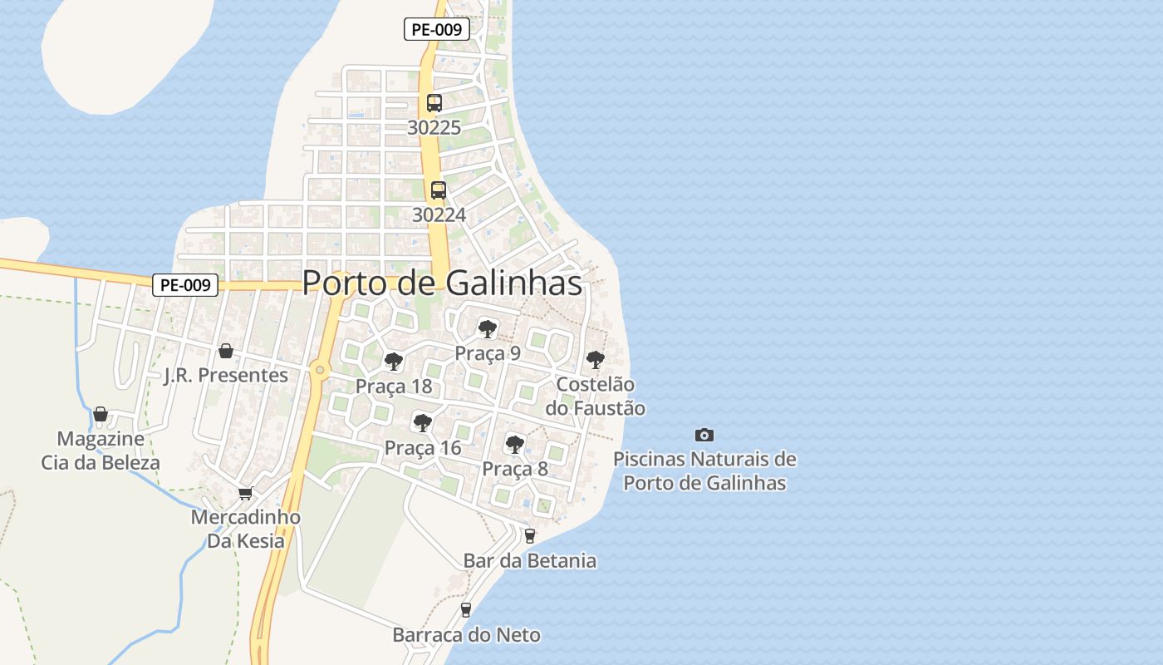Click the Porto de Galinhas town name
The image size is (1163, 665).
tap(441, 283)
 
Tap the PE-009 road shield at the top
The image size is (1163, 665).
tap(437, 29)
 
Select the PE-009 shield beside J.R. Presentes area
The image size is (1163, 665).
tap(185, 285)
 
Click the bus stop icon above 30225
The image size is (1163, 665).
tap(434, 103)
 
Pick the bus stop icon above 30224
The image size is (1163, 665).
tap(438, 190)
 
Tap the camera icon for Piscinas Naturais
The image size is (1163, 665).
tap(704, 435)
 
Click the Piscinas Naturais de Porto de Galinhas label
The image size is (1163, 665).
tap(704, 470)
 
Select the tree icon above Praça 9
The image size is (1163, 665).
tap(488, 328)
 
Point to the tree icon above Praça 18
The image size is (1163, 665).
tap(393, 362)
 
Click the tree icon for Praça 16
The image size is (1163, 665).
tap(423, 423)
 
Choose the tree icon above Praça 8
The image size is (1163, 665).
tap(515, 444)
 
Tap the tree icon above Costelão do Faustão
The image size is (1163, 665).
tap(595, 360)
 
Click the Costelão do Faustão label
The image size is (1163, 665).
tap(595, 396)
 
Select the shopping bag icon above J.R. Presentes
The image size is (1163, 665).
tap(225, 351)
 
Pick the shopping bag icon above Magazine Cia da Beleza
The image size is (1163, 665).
tap(101, 414)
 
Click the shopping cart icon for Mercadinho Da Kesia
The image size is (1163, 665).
tap(245, 493)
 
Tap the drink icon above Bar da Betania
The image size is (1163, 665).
tap(530, 536)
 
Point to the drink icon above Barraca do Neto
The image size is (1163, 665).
tap(466, 610)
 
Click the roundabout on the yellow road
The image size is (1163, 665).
tap(320, 370)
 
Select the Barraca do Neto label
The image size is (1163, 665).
tap(466, 635)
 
